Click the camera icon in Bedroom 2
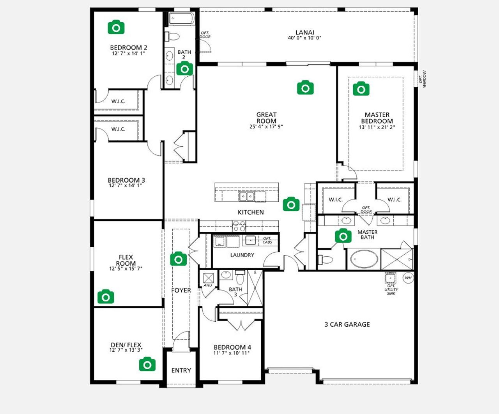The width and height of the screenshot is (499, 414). tap(116, 27)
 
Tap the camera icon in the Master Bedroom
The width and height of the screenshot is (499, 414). tap(361, 89)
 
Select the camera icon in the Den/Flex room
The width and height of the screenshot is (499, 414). tap(147, 365)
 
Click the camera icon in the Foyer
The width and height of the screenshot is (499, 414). tap(179, 259)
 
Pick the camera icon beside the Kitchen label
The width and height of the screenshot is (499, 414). tap(291, 204)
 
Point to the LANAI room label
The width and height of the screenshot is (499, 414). tap(304, 33)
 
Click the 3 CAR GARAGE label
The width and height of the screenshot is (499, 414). tap(347, 324)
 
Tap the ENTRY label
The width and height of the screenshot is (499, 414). tap(181, 370)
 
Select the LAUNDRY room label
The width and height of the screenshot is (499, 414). tap(242, 255)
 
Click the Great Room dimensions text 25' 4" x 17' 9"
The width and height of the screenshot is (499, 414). tap(266, 127)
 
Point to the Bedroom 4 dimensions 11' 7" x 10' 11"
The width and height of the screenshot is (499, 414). tap(232, 353)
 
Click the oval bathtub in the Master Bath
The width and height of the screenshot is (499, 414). tap(364, 259)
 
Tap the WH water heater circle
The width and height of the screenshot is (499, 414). tap(408, 278)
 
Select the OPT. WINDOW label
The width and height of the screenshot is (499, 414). tap(423, 79)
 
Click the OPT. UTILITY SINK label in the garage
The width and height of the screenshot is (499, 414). tap(391, 290)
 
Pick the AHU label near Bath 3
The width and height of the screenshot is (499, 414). tap(208, 285)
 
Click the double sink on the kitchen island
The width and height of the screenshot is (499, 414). tap(247, 196)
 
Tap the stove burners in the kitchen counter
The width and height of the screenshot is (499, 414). tap(239, 226)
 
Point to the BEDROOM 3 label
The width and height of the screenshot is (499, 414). tap(126, 180)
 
